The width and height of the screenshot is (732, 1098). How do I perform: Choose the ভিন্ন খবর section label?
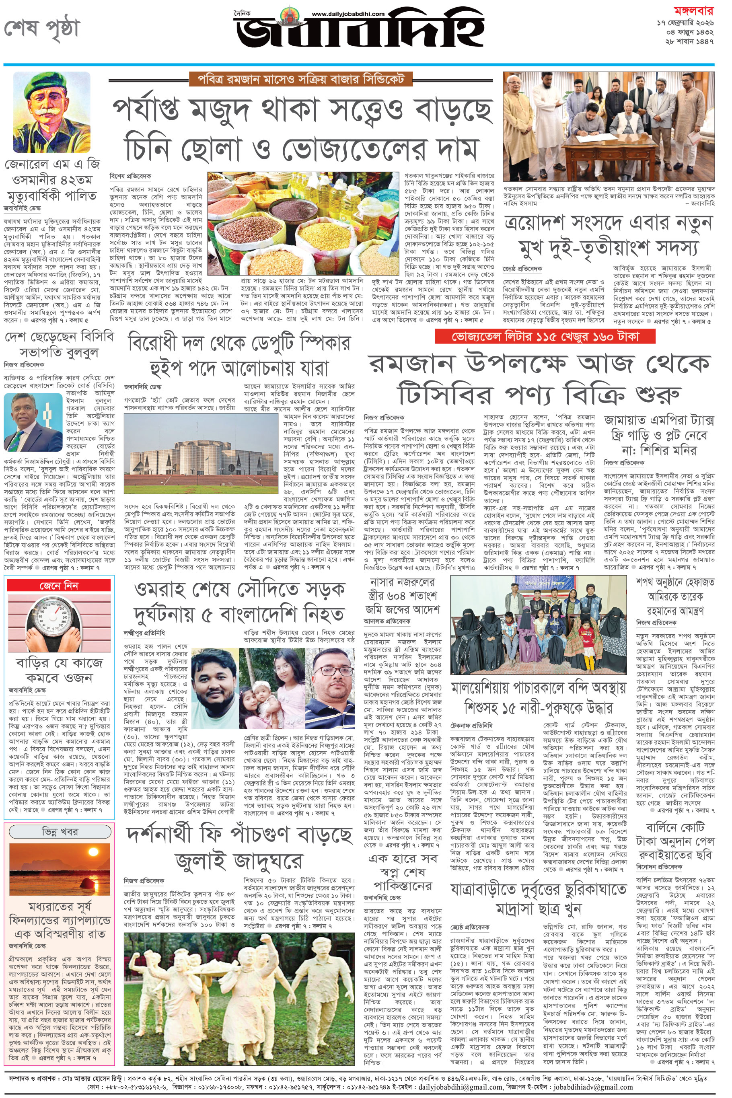(x=59, y=832)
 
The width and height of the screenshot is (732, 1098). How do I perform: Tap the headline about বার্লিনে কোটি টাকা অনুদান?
(x=674, y=840)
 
